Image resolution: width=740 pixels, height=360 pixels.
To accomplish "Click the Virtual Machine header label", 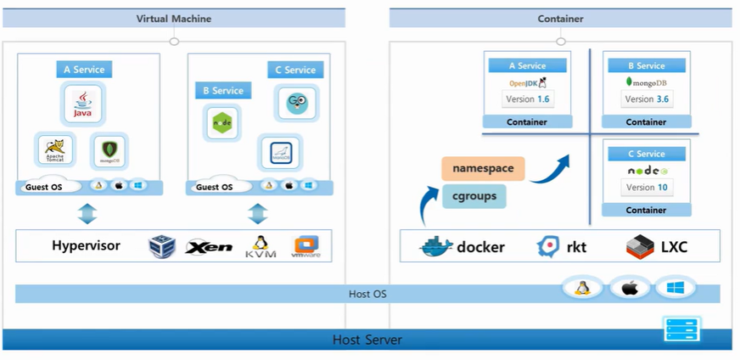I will pyautogui.click(x=173, y=18).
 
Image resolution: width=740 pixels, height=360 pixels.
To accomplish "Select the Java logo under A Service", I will pyautogui.click(x=82, y=103).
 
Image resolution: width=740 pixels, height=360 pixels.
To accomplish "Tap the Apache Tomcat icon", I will pyautogui.click(x=55, y=150).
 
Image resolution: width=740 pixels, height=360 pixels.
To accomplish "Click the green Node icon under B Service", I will pyautogui.click(x=221, y=122).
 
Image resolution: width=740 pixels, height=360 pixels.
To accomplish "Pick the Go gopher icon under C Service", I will pyautogui.click(x=295, y=102).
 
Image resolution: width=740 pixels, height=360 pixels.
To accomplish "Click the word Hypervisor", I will pyautogui.click(x=86, y=246).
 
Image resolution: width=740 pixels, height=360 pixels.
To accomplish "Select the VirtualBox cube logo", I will pyautogui.click(x=162, y=246).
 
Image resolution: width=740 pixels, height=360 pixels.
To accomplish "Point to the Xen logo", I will pyautogui.click(x=209, y=247).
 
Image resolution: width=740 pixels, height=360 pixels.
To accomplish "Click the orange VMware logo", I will pyautogui.click(x=305, y=246).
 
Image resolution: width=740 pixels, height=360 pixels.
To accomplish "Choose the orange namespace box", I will pyautogui.click(x=483, y=168).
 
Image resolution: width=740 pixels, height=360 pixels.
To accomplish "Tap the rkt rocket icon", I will pyautogui.click(x=548, y=247).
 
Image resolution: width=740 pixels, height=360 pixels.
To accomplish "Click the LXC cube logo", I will pyautogui.click(x=639, y=247).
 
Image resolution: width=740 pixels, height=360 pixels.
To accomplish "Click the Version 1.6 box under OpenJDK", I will pyautogui.click(x=527, y=99).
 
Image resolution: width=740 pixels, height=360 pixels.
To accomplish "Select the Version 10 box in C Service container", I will pyautogui.click(x=647, y=187).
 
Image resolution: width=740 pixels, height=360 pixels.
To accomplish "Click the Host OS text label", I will pyautogui.click(x=367, y=294).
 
